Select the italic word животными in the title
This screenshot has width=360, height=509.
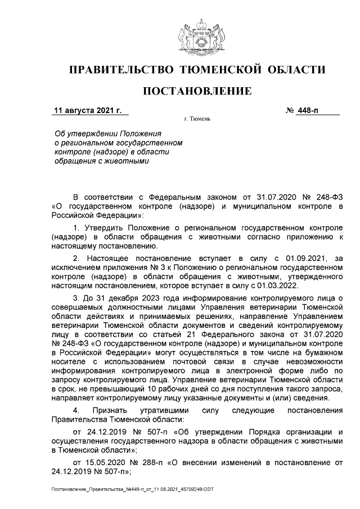(130, 160)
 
